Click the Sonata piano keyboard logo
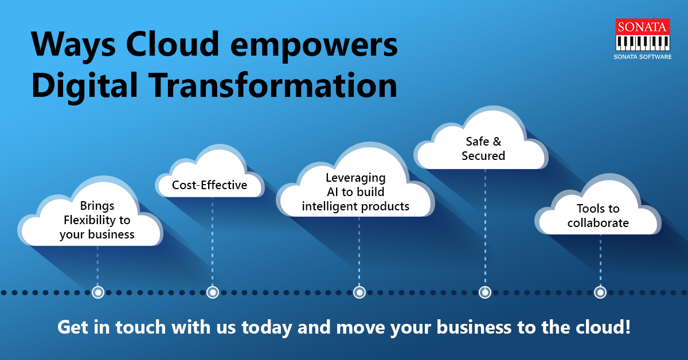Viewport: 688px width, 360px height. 643,36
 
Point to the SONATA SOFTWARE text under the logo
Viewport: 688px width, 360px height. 643,57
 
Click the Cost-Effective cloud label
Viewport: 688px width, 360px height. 210,185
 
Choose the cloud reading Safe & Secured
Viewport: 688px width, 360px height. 483,148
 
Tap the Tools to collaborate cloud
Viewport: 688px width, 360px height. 598,216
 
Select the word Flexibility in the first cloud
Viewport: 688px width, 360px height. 97,220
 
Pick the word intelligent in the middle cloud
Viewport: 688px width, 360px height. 329,206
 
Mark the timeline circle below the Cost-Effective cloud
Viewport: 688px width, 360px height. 213,292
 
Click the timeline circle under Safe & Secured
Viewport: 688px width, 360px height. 485,292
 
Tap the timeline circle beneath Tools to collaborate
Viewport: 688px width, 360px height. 600,292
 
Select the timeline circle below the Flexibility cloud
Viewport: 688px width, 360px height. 97,292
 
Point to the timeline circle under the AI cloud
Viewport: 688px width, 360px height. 359,292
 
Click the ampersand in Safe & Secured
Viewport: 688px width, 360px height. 497,142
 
